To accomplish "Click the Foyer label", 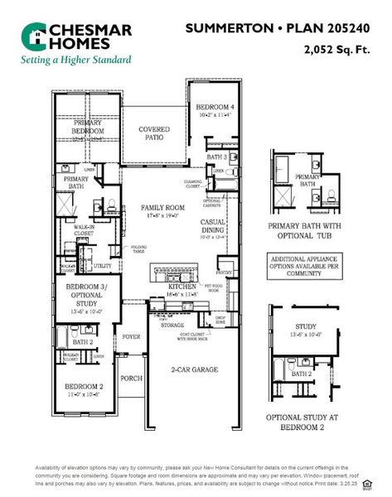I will tap(132, 336).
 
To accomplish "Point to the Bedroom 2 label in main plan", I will tap(85, 387).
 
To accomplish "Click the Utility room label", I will tap(102, 266).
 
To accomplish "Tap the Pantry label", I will tap(223, 271).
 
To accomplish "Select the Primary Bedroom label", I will tap(88, 128).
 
